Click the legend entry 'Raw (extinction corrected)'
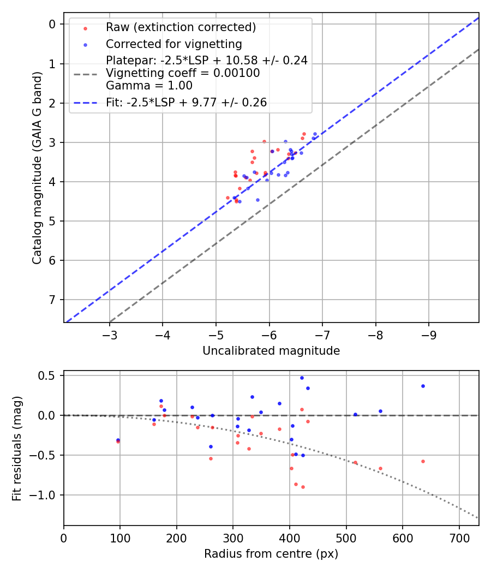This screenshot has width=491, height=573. [181, 27]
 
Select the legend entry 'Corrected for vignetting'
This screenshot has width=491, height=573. [174, 44]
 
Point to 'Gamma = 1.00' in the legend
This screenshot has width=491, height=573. [149, 85]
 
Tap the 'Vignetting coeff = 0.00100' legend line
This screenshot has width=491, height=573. [183, 73]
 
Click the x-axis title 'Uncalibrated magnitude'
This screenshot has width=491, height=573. [271, 351]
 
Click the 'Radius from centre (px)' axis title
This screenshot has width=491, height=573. [271, 554]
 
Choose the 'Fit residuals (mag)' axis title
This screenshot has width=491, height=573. [17, 448]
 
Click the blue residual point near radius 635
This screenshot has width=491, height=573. [423, 386]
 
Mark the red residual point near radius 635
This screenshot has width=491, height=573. [423, 461]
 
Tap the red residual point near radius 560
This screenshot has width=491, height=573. [380, 468]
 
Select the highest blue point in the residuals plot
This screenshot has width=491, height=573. [302, 378]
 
